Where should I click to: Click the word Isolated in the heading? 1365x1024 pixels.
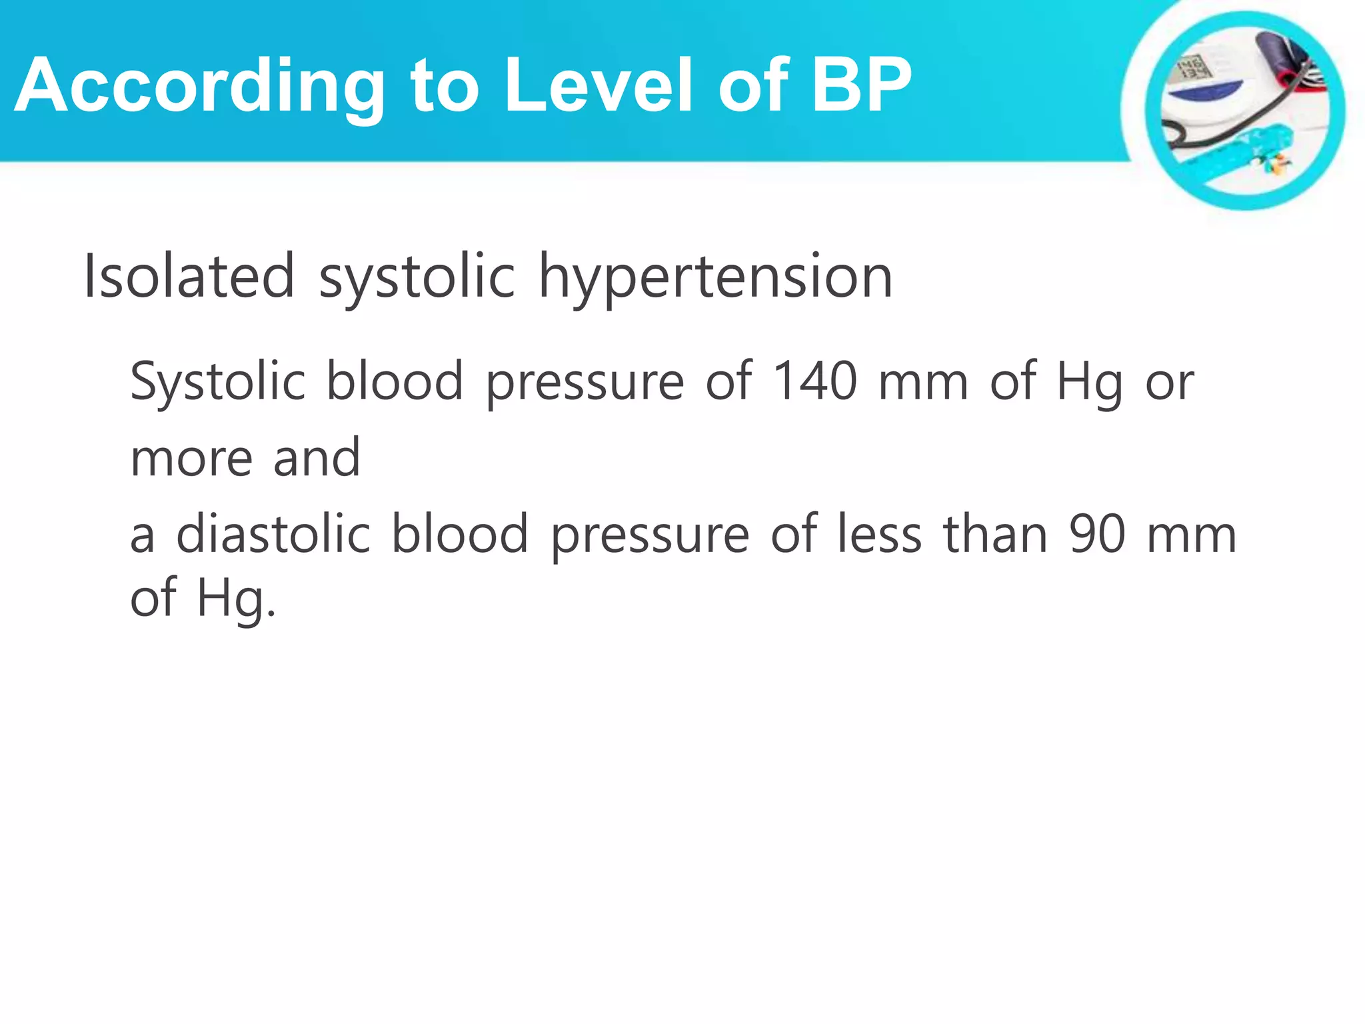click(x=189, y=276)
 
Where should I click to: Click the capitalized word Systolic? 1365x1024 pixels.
click(x=217, y=382)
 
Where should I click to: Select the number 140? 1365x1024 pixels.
click(x=814, y=381)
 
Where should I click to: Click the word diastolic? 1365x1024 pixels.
click(x=273, y=534)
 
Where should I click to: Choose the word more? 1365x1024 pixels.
click(x=191, y=459)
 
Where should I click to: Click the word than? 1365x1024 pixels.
click(x=996, y=534)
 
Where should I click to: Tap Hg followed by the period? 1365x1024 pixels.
click(x=237, y=599)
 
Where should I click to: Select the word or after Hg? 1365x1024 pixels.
click(x=1170, y=382)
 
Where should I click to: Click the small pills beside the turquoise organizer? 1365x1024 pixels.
click(x=1276, y=163)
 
